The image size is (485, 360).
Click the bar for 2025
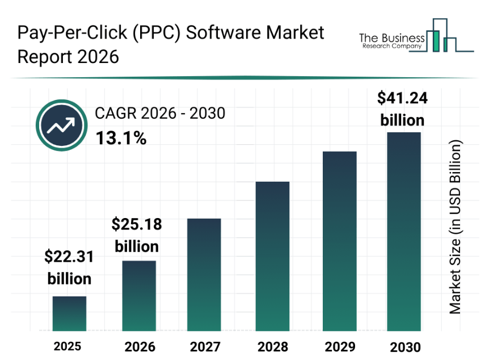[x=70, y=313]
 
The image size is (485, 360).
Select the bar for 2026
[x=139, y=295]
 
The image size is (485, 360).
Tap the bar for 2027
[x=204, y=274]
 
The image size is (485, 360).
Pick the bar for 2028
[x=272, y=256]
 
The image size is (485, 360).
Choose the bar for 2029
[x=339, y=241]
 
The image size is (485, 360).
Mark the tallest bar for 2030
[x=404, y=231]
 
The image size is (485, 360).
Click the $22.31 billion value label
[x=69, y=268]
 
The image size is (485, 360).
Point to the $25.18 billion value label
[x=137, y=235]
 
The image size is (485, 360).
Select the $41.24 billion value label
[x=403, y=109]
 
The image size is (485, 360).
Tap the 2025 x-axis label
[x=68, y=346]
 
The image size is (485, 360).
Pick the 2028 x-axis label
[x=272, y=346]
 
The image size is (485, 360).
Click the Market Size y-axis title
[x=456, y=227]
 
